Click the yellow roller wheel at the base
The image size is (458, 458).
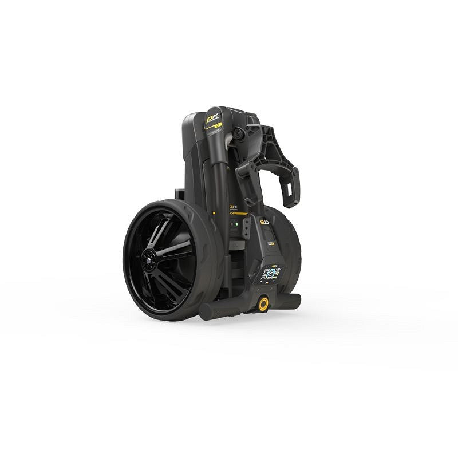(x=263, y=303)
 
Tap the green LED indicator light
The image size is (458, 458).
(x=234, y=225)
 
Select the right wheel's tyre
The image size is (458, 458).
(x=289, y=252)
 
